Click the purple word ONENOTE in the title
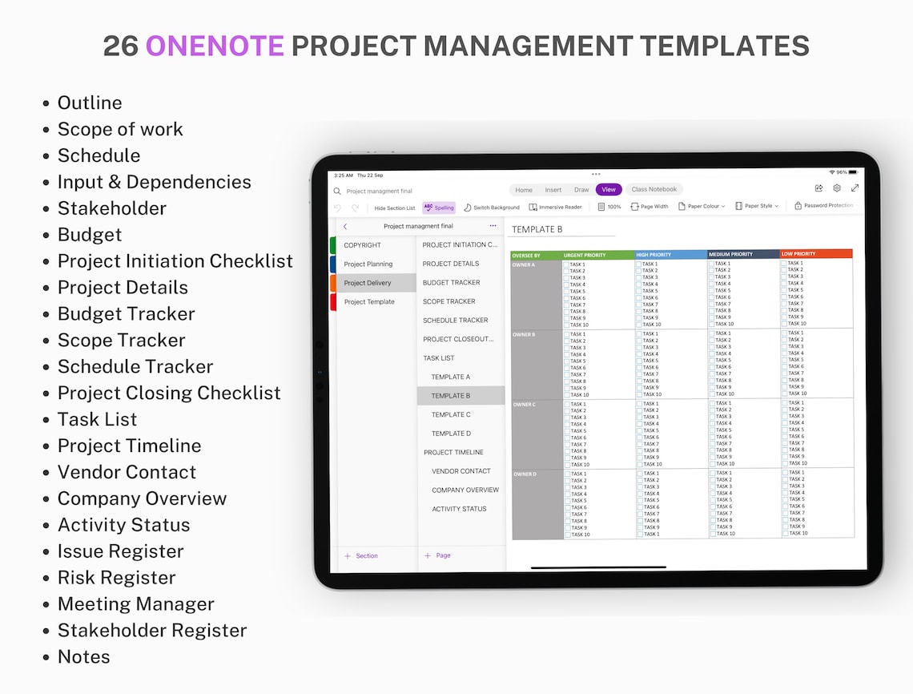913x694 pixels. click(215, 46)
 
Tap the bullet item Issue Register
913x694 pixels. click(120, 551)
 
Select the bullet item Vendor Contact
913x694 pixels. click(127, 472)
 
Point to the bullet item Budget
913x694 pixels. click(90, 235)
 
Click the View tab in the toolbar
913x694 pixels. click(609, 190)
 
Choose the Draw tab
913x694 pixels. click(581, 190)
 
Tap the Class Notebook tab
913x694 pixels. click(654, 190)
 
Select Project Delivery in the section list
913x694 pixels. click(368, 283)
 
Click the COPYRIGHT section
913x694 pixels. click(362, 245)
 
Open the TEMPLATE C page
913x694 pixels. click(451, 414)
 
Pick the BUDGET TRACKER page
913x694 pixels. click(452, 283)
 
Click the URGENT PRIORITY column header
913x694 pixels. click(585, 256)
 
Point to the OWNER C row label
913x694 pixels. click(525, 405)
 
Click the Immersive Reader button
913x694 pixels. click(555, 208)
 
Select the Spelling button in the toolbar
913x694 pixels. click(439, 208)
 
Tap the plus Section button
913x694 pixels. click(361, 555)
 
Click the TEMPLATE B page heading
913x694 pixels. click(537, 229)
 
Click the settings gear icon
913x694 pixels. click(837, 188)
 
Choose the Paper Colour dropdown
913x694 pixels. click(702, 207)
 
